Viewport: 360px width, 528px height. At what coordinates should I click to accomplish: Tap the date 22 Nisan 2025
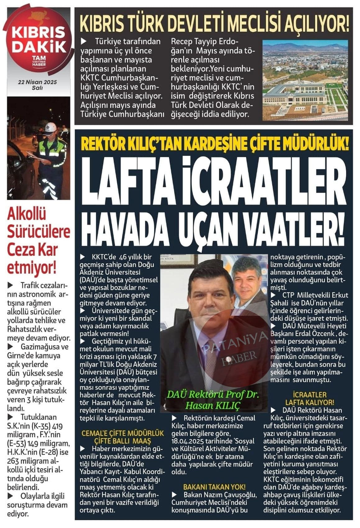[x=37, y=82]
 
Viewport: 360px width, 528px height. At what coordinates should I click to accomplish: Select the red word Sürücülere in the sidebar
[x=39, y=232]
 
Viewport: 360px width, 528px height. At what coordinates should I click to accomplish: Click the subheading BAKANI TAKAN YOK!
[x=214, y=486]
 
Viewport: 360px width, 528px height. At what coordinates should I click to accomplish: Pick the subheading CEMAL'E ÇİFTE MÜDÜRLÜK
[x=122, y=433]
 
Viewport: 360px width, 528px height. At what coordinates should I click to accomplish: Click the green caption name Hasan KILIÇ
[x=213, y=405]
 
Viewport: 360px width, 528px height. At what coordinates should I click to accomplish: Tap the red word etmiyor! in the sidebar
[x=31, y=269]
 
